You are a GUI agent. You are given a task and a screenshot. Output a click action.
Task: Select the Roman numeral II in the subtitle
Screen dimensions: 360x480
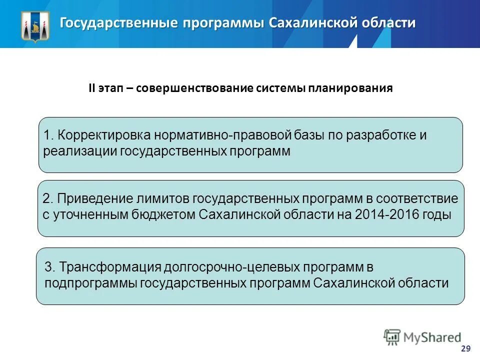pos(92,88)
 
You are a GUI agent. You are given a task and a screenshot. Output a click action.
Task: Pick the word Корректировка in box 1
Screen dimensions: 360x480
pos(103,135)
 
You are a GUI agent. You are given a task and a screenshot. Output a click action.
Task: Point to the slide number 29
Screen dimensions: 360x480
pos(465,348)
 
